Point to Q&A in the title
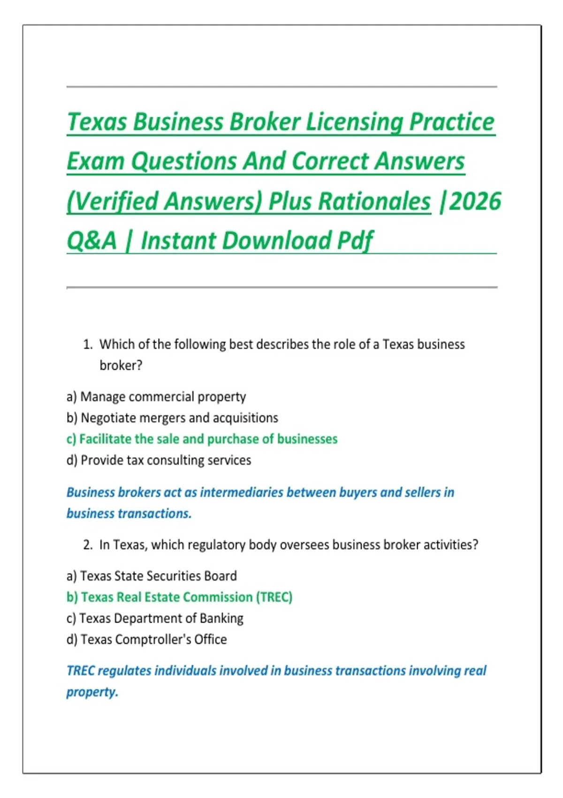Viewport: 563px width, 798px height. tap(91, 241)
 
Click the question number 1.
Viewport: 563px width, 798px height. tap(88, 345)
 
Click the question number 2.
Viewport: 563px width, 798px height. tap(88, 545)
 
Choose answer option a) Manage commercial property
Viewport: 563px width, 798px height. tap(156, 397)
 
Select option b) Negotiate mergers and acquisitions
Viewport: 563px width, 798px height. tap(172, 418)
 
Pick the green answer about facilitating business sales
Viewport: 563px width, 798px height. tap(202, 439)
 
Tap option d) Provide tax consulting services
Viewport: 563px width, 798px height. tap(159, 460)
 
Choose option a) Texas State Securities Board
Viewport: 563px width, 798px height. tap(152, 576)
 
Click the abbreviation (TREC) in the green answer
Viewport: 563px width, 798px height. tap(274, 597)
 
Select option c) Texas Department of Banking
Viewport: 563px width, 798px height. tap(155, 618)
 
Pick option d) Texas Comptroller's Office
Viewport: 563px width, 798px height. tap(146, 639)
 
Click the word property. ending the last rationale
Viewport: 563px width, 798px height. tap(92, 692)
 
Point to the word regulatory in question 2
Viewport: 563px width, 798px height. tap(210, 545)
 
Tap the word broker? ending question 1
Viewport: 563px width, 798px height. tap(121, 366)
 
